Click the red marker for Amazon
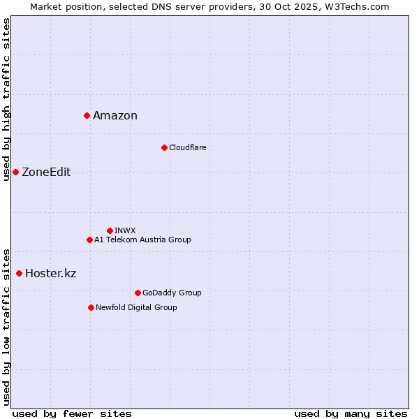[x=87, y=115]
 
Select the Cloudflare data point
[x=164, y=147]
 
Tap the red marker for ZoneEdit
[x=15, y=172]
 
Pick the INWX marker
[x=110, y=230]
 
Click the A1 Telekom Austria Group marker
[x=89, y=240]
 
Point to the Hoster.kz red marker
[x=19, y=273]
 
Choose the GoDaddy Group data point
[x=138, y=293]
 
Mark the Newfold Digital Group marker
[x=91, y=307]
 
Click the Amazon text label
[x=115, y=116]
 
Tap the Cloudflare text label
[x=188, y=147]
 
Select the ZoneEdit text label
[x=46, y=172]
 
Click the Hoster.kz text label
[x=50, y=274]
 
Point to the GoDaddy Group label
[x=172, y=293]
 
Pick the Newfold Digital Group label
[x=136, y=307]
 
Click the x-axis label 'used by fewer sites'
[x=72, y=413]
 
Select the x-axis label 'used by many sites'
[x=351, y=413]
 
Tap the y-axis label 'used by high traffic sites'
[x=6, y=98]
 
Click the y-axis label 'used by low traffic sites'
[x=6, y=326]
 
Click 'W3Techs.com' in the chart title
[x=360, y=6]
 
